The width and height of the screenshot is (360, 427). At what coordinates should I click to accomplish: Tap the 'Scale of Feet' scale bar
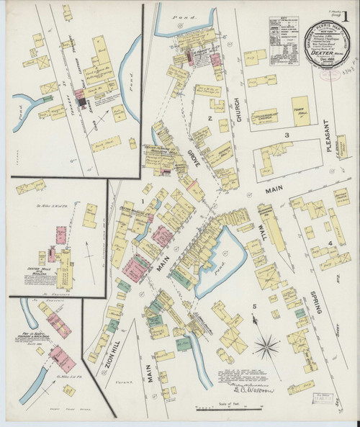pos(228,412)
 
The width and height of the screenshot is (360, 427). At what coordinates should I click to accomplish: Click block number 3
pos(286,135)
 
